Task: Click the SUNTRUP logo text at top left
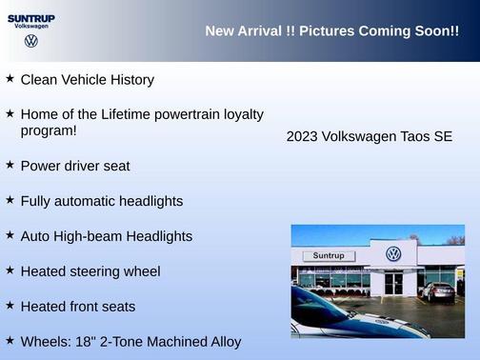(30, 17)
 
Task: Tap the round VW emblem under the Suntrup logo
(31, 41)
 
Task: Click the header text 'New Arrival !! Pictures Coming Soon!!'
(331, 31)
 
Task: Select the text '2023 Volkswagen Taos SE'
(370, 137)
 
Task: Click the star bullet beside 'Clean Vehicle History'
(10, 79)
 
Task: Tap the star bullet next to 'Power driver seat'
(10, 165)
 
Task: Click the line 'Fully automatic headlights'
(101, 201)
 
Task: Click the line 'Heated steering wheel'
(90, 271)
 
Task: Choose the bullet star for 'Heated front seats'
(10, 305)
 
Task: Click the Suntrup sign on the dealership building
(328, 255)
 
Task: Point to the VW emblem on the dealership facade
(393, 253)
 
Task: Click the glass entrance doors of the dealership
(393, 283)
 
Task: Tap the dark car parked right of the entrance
(437, 291)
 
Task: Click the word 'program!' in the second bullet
(49, 130)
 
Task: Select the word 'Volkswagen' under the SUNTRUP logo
(31, 27)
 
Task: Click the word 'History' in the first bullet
(129, 80)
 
